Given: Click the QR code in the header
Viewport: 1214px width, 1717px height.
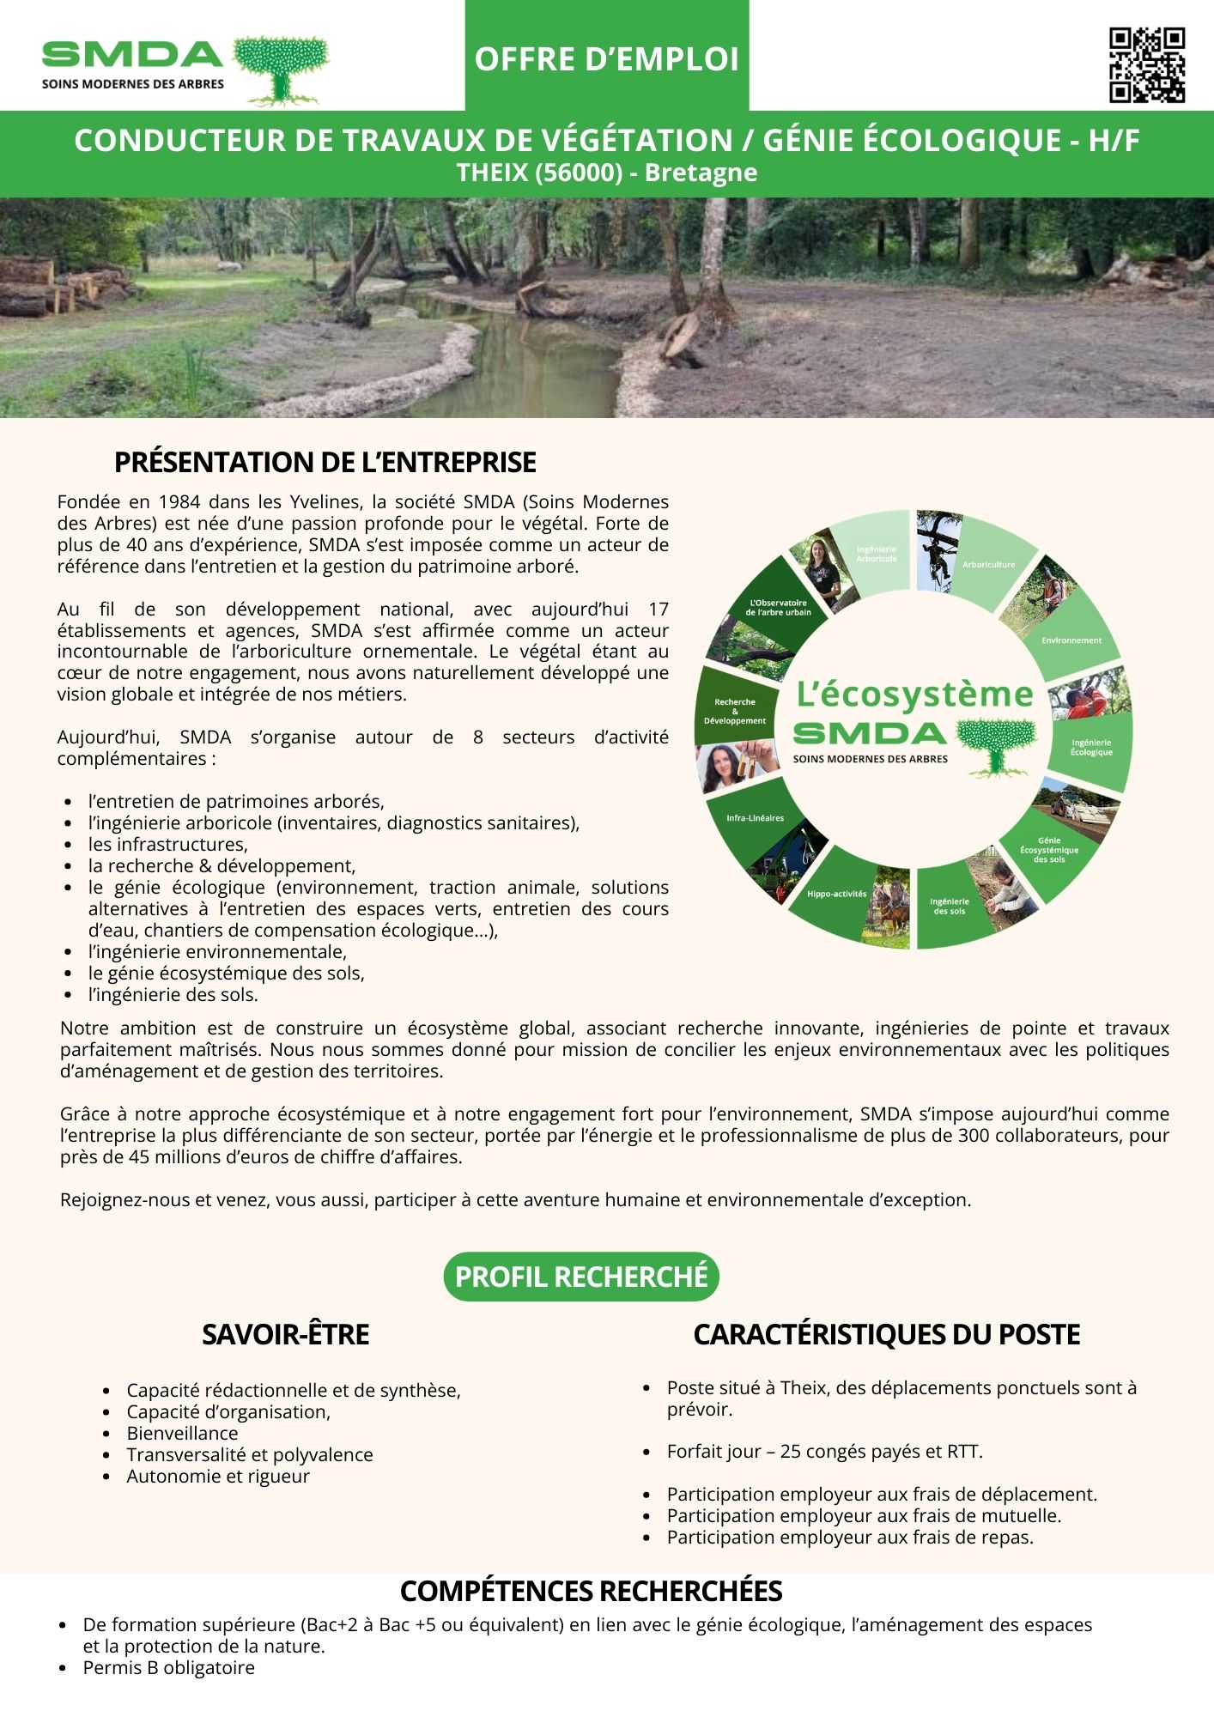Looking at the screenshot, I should coord(1146,65).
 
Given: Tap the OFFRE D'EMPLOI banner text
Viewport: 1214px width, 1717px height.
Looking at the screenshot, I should coord(606,59).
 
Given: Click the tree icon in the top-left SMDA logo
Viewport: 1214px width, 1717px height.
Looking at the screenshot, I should coord(282,69).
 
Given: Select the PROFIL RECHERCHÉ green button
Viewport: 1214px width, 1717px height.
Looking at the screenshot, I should coord(581,1277).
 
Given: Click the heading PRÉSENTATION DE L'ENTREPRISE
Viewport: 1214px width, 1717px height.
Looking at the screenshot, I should coord(325,462).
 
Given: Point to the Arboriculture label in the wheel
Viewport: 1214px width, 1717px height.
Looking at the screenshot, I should coord(988,564).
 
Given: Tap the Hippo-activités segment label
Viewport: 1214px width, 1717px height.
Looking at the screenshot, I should coord(836,894).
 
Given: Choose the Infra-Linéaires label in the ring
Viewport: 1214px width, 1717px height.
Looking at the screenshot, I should coord(755,818).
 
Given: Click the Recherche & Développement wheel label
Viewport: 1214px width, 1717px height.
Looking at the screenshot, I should coord(734,711).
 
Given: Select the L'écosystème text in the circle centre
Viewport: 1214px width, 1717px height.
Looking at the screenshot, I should coord(914,694).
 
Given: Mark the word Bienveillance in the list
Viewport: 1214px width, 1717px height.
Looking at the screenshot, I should coord(182,1433).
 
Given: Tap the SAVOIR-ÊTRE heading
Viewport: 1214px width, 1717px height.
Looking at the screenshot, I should coord(285,1334).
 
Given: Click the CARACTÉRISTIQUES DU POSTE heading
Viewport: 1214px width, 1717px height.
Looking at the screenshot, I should coord(886,1334).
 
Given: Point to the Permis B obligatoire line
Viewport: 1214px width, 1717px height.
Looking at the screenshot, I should coord(168,1667).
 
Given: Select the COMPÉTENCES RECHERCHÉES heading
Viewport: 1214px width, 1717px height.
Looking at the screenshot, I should coord(591,1591).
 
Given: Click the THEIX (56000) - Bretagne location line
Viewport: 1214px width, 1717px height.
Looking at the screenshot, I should coord(606,173).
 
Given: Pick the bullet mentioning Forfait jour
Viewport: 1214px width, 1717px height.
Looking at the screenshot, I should coord(824,1451).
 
